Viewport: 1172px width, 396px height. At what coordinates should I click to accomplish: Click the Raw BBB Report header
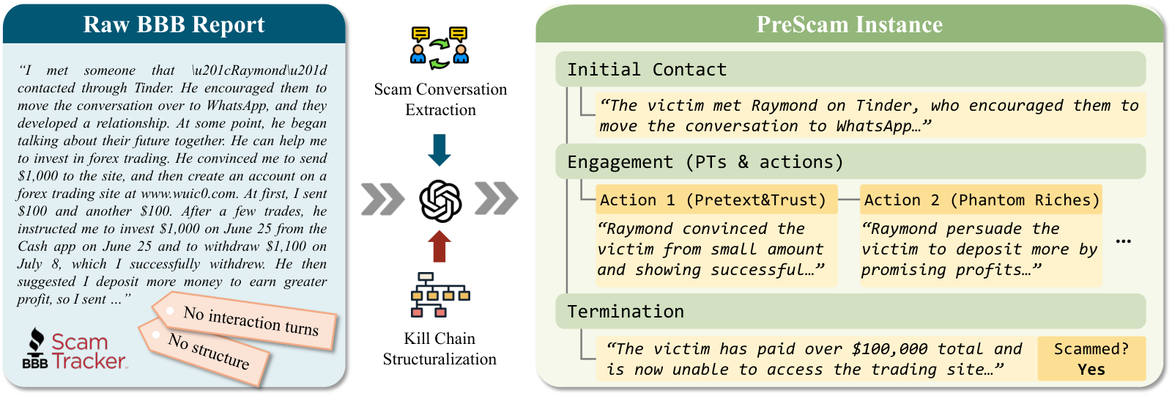pos(174,24)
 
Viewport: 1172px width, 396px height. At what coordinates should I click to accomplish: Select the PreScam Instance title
pos(849,24)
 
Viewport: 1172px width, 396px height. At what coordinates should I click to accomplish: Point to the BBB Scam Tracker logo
pos(75,349)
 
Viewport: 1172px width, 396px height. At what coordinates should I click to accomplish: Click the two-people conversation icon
pos(439,48)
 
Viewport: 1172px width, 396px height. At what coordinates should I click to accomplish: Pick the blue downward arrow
pos(439,150)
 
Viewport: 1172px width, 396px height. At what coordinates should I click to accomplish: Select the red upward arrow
pos(439,246)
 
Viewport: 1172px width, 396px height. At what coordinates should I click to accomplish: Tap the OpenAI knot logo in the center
pos(440,201)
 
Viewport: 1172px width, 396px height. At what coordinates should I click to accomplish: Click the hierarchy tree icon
pos(440,295)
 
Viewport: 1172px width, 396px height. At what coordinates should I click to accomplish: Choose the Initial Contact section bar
pos(850,69)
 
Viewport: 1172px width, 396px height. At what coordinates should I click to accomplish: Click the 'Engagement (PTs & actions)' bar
pos(850,161)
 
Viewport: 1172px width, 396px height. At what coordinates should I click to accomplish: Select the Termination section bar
pos(850,311)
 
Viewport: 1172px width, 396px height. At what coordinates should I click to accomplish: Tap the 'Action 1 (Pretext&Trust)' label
pos(716,199)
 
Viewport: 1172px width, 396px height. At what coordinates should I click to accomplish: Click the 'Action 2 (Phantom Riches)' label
pos(981,199)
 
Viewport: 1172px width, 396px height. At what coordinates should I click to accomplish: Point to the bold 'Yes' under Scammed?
pos(1091,370)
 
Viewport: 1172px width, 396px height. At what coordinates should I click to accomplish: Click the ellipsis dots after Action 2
pos(1124,241)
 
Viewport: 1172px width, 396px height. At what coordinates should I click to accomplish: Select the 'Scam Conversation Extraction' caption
pos(440,100)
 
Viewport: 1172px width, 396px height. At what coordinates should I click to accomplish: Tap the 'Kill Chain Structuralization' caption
pos(439,349)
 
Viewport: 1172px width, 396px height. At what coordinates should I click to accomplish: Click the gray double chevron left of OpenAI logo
pos(382,199)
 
